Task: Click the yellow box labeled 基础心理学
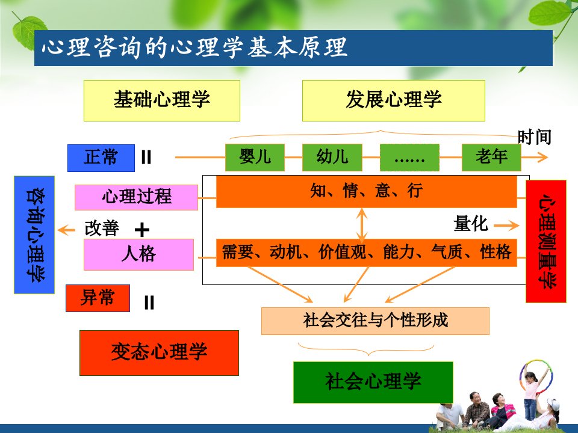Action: click(162, 100)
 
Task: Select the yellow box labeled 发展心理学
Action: click(393, 100)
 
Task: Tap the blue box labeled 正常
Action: click(101, 158)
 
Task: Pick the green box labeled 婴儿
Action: click(255, 157)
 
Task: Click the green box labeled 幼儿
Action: click(332, 157)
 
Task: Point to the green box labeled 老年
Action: click(491, 157)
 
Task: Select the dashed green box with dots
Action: click(409, 157)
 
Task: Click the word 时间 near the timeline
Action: click(535, 137)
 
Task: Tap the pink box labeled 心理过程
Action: click(137, 197)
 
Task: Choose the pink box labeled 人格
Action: click(138, 254)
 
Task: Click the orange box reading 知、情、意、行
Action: click(367, 192)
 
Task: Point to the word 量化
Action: click(471, 224)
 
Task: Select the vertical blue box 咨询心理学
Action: click(34, 235)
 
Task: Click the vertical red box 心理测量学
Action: click(546, 242)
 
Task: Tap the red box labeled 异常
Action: click(98, 298)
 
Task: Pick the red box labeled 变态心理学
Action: click(159, 353)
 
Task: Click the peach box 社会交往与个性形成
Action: click(375, 321)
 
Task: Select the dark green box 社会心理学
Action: click(373, 382)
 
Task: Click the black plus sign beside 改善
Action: click(142, 230)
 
